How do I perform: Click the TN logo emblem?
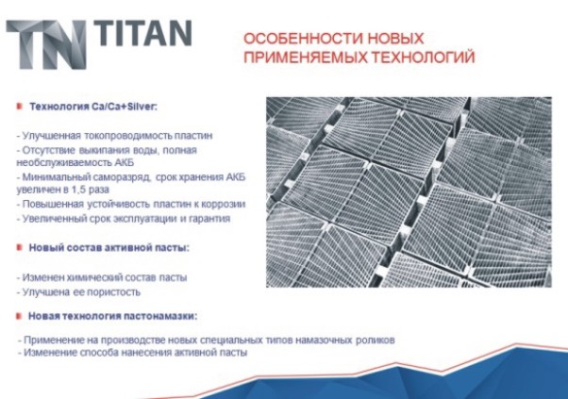pyautogui.click(x=46, y=45)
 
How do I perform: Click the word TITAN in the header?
pyautogui.click(x=143, y=33)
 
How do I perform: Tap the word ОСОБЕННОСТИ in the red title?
pyautogui.click(x=304, y=39)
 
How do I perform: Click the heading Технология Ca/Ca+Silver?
pyautogui.click(x=93, y=107)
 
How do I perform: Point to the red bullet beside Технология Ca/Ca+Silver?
pyautogui.click(x=20, y=107)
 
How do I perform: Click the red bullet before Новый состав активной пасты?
pyautogui.click(x=20, y=248)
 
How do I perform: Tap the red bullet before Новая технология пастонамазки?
pyautogui.click(x=20, y=316)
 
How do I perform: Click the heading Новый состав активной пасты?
pyautogui.click(x=109, y=248)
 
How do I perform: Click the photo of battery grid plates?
pyautogui.click(x=409, y=192)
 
